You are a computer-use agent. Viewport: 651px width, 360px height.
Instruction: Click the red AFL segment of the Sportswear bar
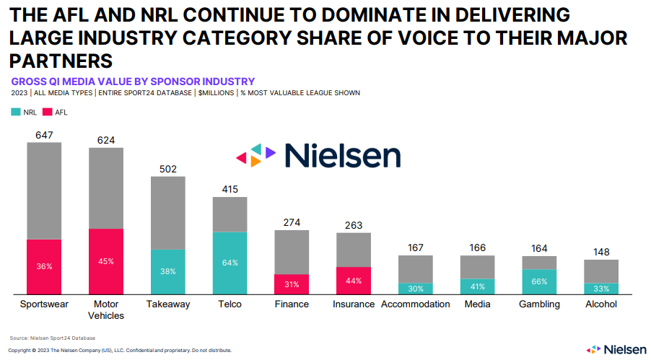44,266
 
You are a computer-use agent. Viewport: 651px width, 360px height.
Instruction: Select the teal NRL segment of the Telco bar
230,263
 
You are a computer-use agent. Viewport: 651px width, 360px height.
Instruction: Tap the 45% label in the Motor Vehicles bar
106,261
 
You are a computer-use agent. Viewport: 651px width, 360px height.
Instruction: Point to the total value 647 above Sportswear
44,135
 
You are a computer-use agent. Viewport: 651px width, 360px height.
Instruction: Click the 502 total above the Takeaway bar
168,170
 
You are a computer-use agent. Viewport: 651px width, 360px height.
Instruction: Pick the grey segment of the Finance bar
292,252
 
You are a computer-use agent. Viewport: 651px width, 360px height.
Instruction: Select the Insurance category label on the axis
353,304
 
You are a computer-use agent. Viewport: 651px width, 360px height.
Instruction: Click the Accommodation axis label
415,304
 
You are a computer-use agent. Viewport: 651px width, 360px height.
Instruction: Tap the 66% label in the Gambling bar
539,281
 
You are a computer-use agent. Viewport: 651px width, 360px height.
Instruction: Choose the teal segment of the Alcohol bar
601,289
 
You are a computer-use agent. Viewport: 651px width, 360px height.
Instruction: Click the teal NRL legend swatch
16,113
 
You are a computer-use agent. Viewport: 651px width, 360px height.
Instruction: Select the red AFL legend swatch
48,113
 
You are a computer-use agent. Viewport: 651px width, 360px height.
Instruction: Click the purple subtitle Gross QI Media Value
133,82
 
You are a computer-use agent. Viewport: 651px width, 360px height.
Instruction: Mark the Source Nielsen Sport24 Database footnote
52,338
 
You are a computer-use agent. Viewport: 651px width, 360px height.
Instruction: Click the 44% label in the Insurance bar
354,280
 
